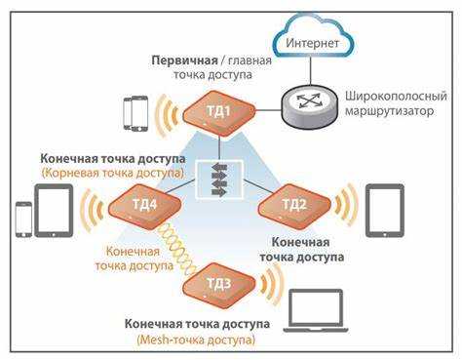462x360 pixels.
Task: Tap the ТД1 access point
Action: coord(219,112)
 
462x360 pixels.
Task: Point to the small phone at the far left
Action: coord(22,220)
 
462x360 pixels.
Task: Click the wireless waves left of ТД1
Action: coord(173,113)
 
